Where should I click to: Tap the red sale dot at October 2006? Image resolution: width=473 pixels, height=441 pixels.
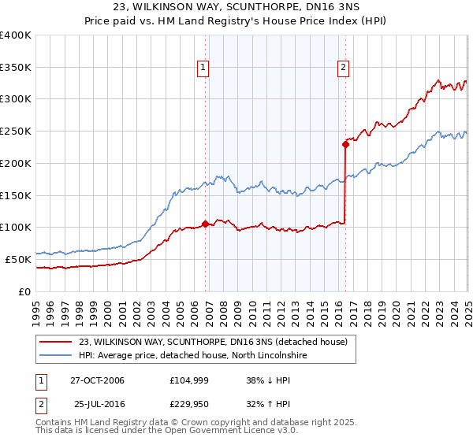coord(205,224)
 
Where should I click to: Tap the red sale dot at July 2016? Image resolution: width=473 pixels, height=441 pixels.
coord(345,144)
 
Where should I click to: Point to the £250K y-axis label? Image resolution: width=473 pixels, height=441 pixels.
coord(16,132)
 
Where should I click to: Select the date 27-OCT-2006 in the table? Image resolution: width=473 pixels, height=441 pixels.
coord(97,380)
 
